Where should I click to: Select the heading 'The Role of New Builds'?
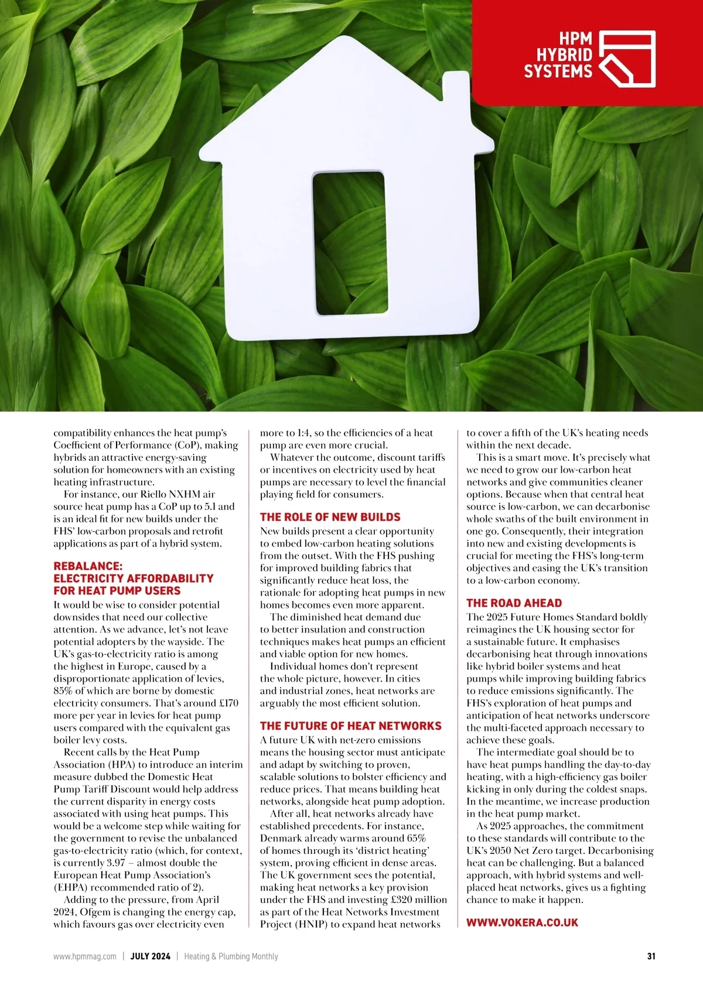pos(330,517)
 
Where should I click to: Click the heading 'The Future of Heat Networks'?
pos(350,726)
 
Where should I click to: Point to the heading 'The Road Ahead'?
pos(514,603)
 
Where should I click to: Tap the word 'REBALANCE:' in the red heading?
pos(88,566)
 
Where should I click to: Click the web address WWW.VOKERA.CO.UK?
pos(522,922)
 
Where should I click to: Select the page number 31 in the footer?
pos(651,956)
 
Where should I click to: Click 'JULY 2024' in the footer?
pos(150,956)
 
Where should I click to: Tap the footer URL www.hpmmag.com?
pos(85,956)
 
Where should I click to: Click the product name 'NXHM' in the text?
pos(185,494)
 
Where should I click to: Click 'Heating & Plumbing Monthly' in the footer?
pos(231,956)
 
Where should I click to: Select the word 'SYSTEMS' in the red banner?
pos(558,72)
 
